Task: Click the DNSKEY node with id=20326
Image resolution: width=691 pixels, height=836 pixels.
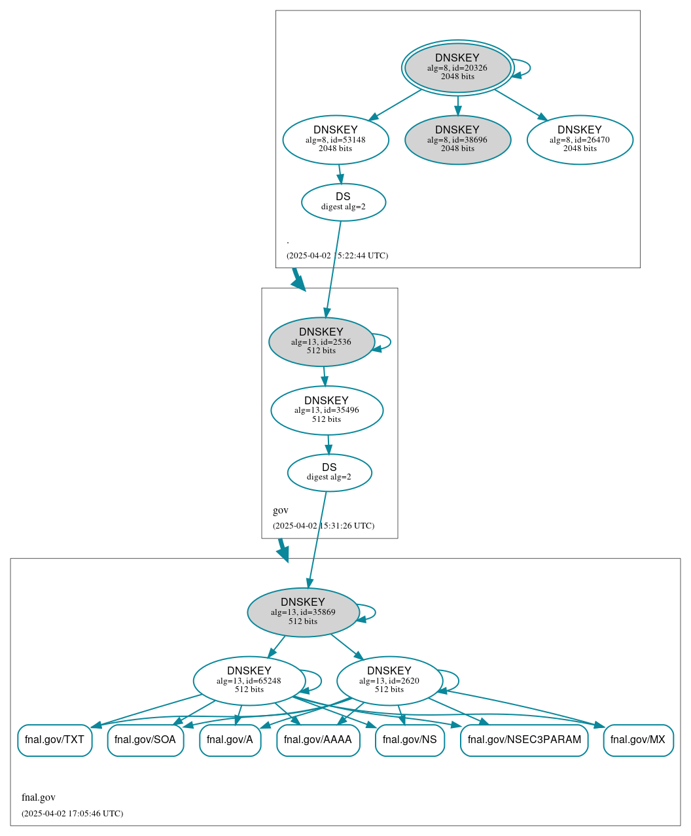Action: pyautogui.click(x=457, y=68)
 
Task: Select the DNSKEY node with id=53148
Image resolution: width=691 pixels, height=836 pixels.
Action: pyautogui.click(x=336, y=139)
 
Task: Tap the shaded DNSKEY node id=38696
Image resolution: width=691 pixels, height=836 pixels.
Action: pyautogui.click(x=457, y=139)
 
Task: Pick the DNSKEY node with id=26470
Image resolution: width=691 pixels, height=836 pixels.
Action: pyautogui.click(x=580, y=139)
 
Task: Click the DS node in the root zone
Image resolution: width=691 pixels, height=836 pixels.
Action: pyautogui.click(x=344, y=202)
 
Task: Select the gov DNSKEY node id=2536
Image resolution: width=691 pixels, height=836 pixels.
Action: pyautogui.click(x=321, y=341)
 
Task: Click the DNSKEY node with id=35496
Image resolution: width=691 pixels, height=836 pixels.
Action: pyautogui.click(x=327, y=410)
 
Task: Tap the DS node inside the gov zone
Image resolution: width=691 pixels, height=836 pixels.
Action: pyautogui.click(x=329, y=472)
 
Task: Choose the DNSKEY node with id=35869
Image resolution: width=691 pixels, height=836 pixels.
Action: pyautogui.click(x=303, y=612)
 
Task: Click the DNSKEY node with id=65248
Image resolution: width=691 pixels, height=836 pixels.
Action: pyautogui.click(x=249, y=681)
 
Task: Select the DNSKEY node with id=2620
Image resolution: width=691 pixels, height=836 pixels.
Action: pyautogui.click(x=389, y=681)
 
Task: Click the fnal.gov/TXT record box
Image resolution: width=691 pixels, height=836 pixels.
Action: pyautogui.click(x=55, y=740)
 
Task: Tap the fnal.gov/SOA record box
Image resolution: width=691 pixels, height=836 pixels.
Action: pyautogui.click(x=145, y=740)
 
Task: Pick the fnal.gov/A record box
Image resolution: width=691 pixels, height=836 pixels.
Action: pyautogui.click(x=230, y=740)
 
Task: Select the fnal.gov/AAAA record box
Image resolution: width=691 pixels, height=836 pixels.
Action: pyautogui.click(x=318, y=740)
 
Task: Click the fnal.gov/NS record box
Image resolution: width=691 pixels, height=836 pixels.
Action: pyautogui.click(x=410, y=740)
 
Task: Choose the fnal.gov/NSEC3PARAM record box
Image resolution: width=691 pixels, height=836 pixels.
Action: pyautogui.click(x=524, y=740)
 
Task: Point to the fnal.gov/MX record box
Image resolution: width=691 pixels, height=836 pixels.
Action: pyautogui.click(x=638, y=740)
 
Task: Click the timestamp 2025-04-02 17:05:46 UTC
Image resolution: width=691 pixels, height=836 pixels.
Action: pyautogui.click(x=72, y=814)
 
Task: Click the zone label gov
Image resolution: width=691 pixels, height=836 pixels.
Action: pyautogui.click(x=281, y=510)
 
